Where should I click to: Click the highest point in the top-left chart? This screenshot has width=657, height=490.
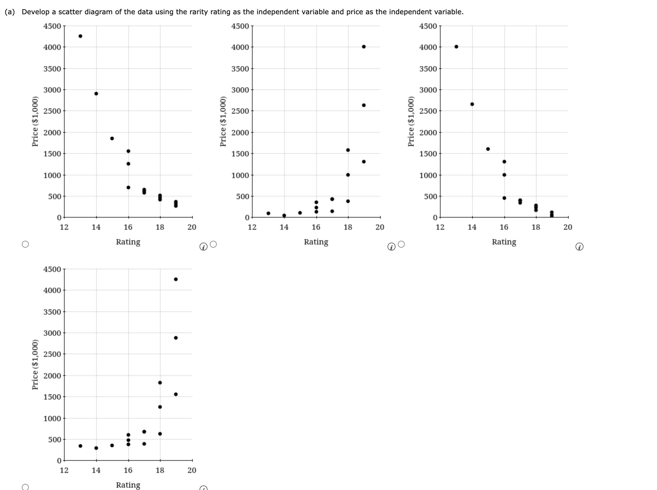pyautogui.click(x=80, y=36)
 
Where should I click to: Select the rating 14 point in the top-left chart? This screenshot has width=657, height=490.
pyautogui.click(x=96, y=94)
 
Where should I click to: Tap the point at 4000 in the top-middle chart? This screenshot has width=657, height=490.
pyautogui.click(x=364, y=47)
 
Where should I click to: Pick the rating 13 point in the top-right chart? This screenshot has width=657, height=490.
pyautogui.click(x=456, y=47)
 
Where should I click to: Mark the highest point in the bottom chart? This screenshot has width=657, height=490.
pyautogui.click(x=176, y=279)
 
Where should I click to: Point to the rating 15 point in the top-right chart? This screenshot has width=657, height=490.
pyautogui.click(x=488, y=149)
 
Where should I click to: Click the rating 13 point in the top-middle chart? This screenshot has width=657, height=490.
pyautogui.click(x=268, y=213)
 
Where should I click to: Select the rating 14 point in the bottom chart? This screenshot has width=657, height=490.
pyautogui.click(x=96, y=448)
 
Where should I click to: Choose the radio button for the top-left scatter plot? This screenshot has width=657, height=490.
pyautogui.click(x=26, y=244)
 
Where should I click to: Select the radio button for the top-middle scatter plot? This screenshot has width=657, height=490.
pyautogui.click(x=213, y=244)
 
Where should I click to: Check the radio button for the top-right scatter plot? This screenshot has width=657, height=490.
pyautogui.click(x=401, y=244)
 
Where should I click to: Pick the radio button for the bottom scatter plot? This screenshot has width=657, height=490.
pyautogui.click(x=26, y=487)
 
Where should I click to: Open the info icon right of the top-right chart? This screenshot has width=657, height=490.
pyautogui.click(x=579, y=247)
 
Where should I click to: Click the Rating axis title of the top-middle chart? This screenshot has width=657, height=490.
pyautogui.click(x=316, y=242)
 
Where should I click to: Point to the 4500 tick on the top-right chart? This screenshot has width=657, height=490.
pyautogui.click(x=428, y=26)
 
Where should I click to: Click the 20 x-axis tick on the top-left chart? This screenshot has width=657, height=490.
pyautogui.click(x=192, y=228)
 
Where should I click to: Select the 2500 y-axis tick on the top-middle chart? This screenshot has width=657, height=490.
pyautogui.click(x=240, y=111)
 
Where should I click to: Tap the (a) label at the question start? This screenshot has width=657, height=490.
pyautogui.click(x=10, y=12)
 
